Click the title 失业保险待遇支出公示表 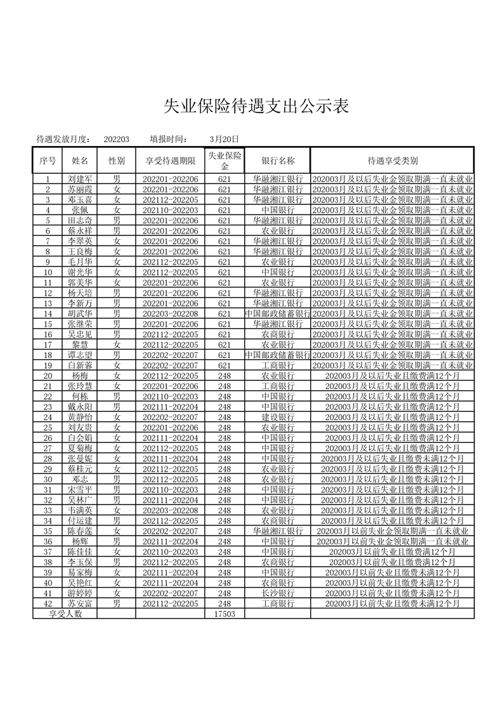[x=256, y=106]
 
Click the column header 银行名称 [x=278, y=161]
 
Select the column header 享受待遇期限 [x=171, y=161]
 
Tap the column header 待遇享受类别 [x=392, y=161]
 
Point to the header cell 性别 [x=117, y=161]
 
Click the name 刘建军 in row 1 [x=80, y=180]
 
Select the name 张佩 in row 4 [x=80, y=210]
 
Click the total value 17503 [x=225, y=614]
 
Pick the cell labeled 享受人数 [x=66, y=614]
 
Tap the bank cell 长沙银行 [x=278, y=593]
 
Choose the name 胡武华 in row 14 [x=80, y=313]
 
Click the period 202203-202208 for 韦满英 [x=171, y=510]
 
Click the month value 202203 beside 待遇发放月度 [x=117, y=140]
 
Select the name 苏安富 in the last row [x=80, y=603]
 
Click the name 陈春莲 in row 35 [x=80, y=531]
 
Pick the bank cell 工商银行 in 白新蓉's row [x=278, y=366]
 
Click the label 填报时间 [x=169, y=140]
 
